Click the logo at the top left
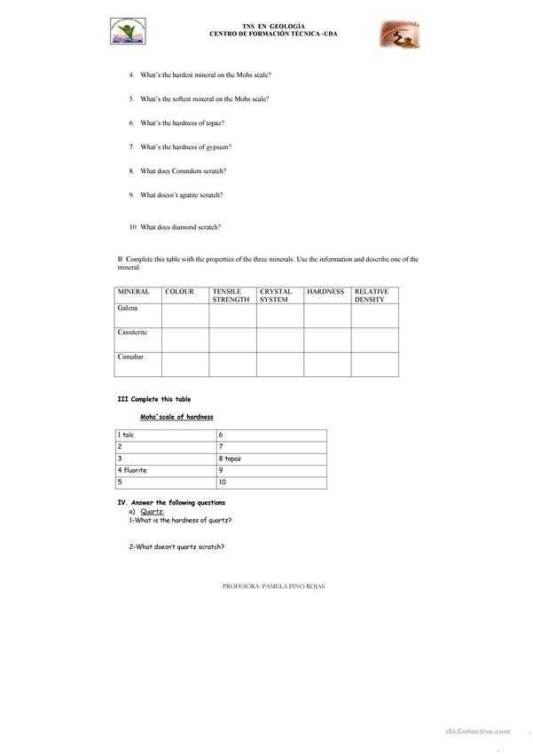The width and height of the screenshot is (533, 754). (x=130, y=33)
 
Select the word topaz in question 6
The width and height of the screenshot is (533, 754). (x=211, y=123)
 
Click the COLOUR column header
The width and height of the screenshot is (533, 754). (x=179, y=292)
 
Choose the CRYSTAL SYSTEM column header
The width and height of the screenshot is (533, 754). (x=276, y=295)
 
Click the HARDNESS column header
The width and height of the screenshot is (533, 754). (x=325, y=292)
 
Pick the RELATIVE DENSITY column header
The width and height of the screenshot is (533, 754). (x=371, y=295)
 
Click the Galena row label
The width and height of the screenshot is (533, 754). (x=129, y=309)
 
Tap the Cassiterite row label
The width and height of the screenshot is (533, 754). (x=133, y=333)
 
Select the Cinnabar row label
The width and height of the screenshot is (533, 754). (x=130, y=357)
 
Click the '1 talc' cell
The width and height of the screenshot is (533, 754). (x=126, y=435)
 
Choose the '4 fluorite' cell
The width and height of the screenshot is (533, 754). (x=132, y=470)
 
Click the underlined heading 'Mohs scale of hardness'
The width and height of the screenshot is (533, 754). (x=176, y=417)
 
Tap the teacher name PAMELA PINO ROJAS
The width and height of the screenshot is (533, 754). (x=293, y=586)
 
